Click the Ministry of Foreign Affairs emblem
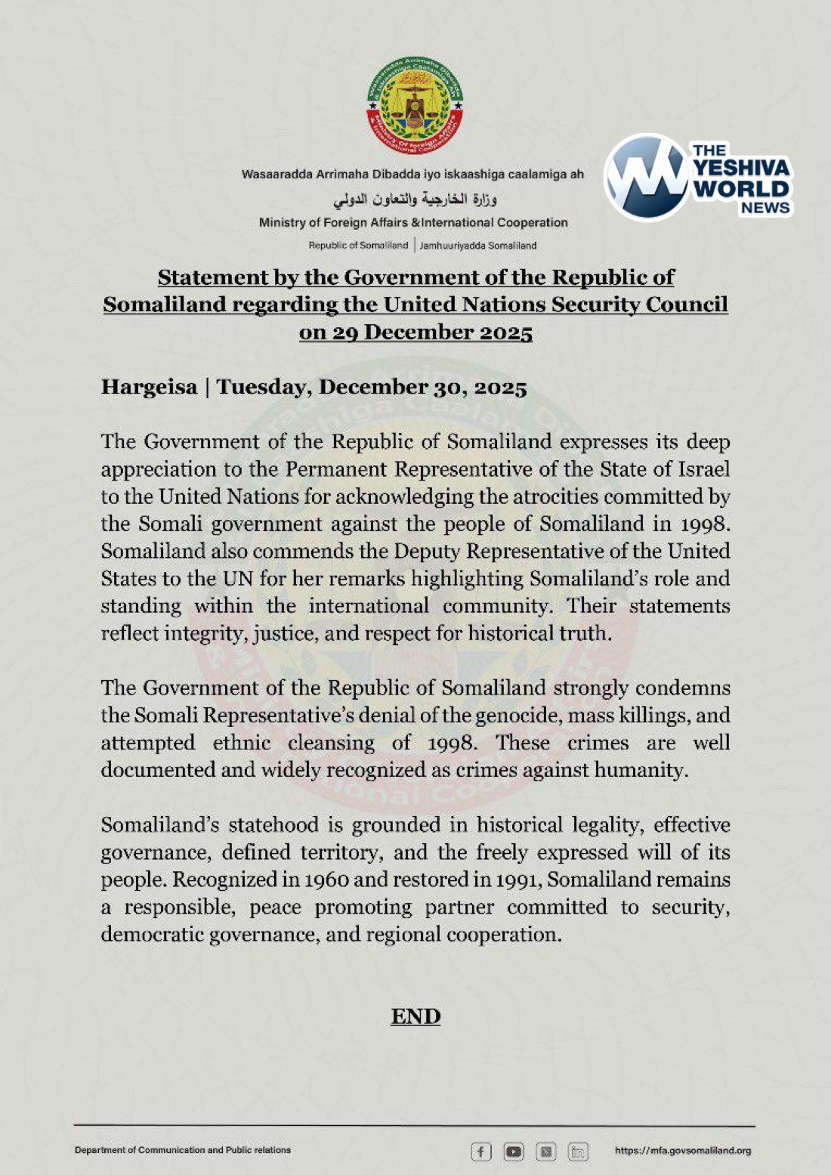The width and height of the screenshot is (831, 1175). (x=415, y=106)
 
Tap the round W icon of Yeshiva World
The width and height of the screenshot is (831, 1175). (x=647, y=177)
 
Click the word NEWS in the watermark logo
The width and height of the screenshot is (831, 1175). (x=765, y=208)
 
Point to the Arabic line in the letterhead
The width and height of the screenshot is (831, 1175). (x=415, y=199)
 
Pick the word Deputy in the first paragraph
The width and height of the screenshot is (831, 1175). (x=430, y=551)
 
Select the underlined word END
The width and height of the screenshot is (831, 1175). (x=415, y=1016)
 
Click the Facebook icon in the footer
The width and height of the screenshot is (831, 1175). (x=480, y=1152)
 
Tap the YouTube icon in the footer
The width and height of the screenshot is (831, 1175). (x=514, y=1152)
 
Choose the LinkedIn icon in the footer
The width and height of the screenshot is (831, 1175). (x=579, y=1152)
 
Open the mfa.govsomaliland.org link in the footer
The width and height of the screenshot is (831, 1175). (x=682, y=1151)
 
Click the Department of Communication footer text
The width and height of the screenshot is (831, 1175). (x=182, y=1150)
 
